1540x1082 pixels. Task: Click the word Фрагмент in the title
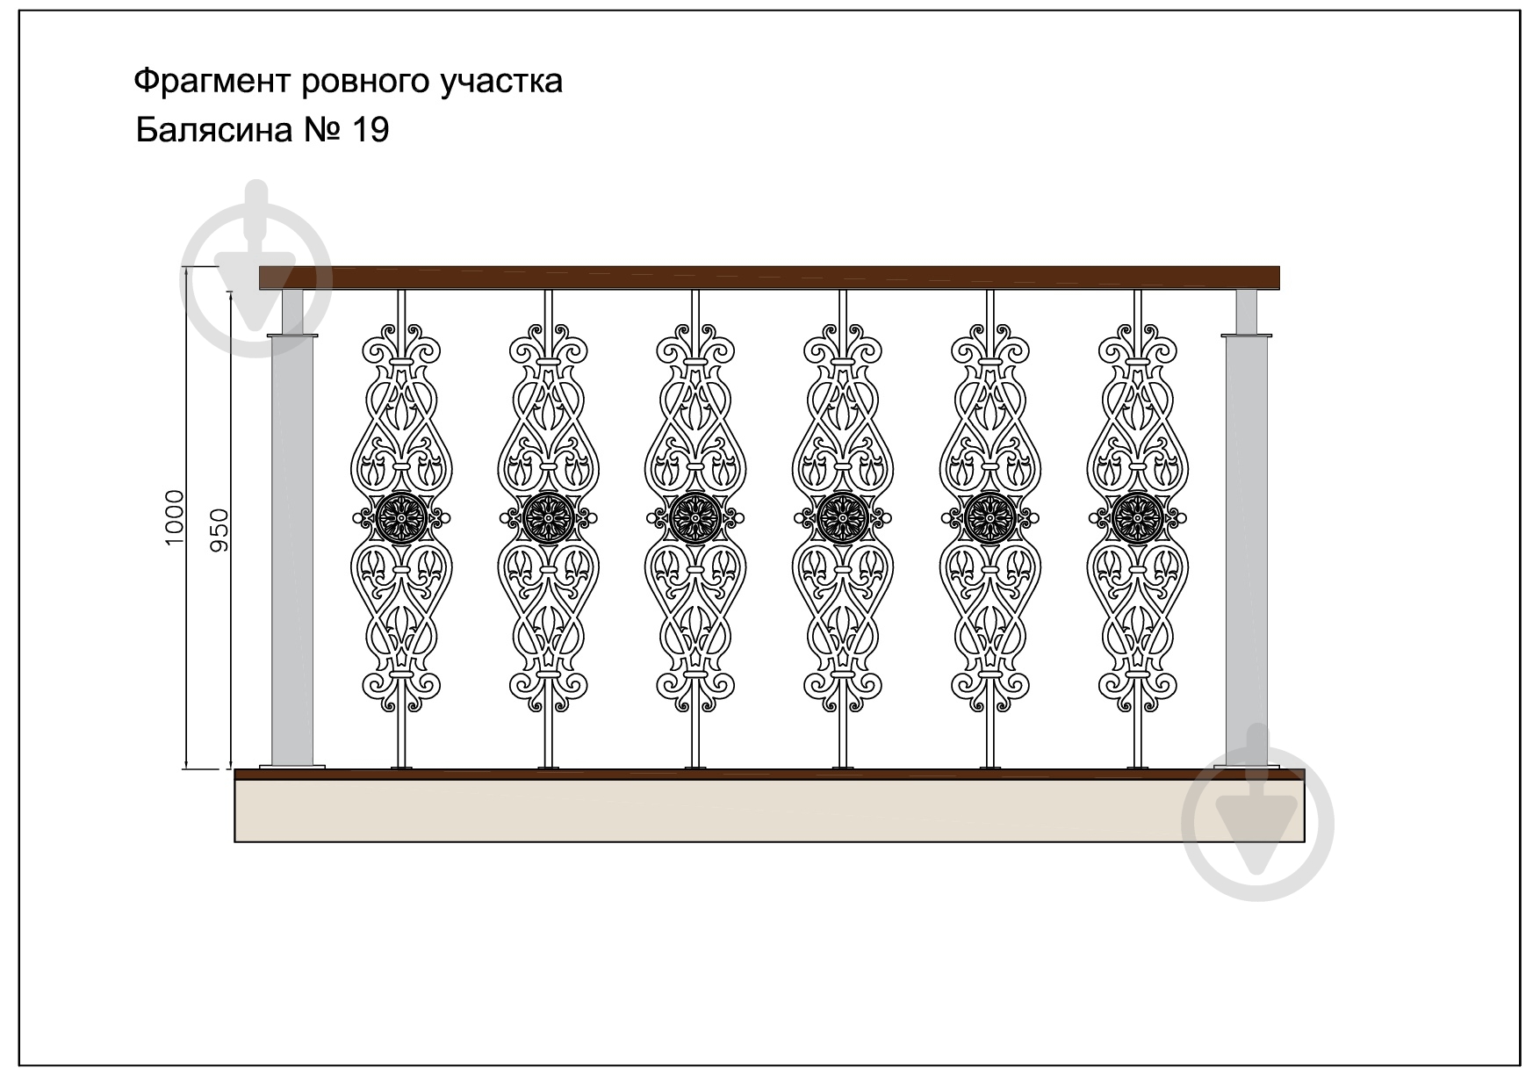212,82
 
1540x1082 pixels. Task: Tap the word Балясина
214,130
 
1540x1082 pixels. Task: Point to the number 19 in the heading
370,130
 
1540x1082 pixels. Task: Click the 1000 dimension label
175,518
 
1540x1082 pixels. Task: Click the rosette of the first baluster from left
401,518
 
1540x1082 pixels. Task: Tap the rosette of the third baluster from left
695,518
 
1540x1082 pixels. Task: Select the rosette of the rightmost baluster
1138,518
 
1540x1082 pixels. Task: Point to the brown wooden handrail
769,278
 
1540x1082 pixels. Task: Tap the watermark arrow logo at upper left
255,268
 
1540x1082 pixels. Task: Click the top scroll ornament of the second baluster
548,346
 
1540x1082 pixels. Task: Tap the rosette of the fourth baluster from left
843,518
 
